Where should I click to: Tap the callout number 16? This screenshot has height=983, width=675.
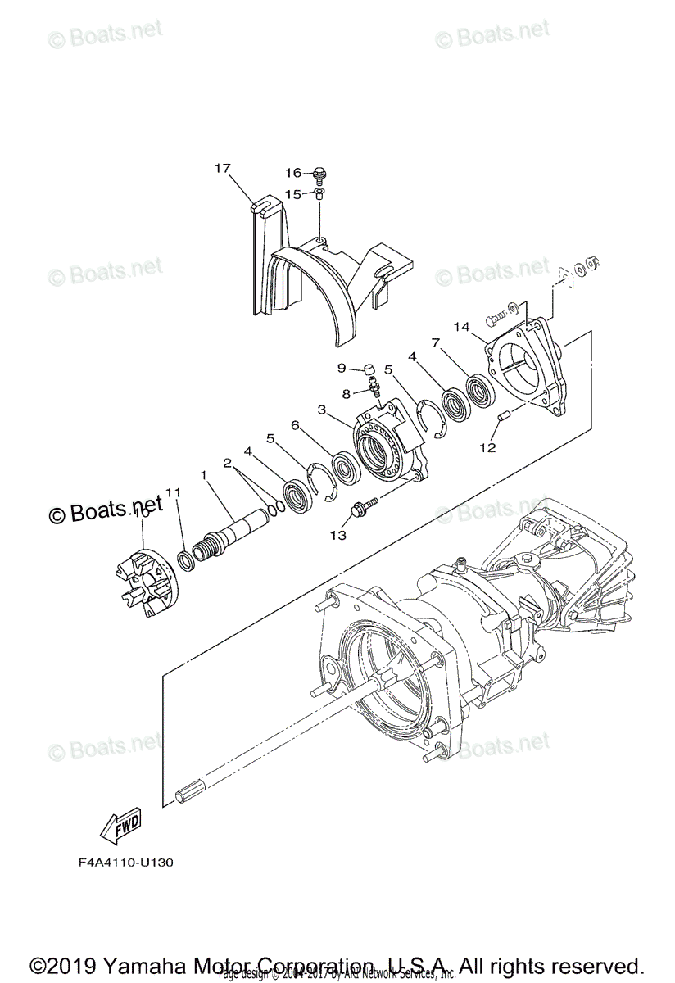point(293,173)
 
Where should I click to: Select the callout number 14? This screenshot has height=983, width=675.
point(461,327)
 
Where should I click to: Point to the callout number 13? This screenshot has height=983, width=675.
point(337,534)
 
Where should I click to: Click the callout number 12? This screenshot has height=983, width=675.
point(488,447)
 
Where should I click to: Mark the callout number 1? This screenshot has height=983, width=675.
point(203,475)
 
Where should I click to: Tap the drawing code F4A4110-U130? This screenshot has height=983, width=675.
point(126,863)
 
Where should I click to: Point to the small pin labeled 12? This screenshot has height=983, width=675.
point(505,418)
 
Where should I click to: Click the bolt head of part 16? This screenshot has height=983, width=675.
point(319,173)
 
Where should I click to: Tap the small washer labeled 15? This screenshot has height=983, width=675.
point(319,194)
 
